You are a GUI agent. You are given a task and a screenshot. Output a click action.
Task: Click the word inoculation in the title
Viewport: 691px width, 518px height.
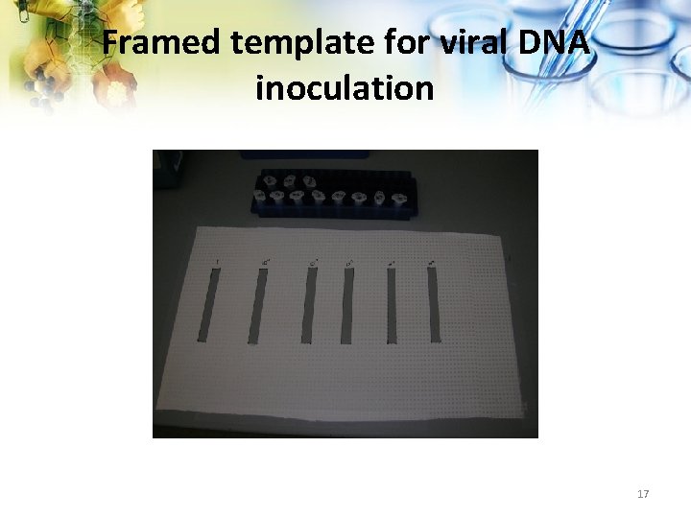345,88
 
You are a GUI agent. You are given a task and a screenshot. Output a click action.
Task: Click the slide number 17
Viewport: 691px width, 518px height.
643,494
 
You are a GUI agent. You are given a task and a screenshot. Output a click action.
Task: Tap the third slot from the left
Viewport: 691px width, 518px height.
309,306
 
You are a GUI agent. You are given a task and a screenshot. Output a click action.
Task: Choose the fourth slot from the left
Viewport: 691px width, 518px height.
347,306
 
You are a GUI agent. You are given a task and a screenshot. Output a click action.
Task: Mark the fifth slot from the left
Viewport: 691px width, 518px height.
393,306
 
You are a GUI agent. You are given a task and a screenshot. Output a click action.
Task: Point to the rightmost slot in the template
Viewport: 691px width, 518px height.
433,306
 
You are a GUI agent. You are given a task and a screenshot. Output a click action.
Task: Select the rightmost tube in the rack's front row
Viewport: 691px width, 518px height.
396,199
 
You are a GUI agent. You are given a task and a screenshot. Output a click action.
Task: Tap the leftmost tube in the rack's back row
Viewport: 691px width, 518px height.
272,179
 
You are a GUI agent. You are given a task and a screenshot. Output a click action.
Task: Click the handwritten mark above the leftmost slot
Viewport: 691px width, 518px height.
219,261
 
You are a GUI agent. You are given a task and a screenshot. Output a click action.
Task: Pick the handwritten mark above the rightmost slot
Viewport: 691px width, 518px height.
432,260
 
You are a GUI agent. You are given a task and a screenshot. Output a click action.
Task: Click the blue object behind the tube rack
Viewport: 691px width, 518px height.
304,153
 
